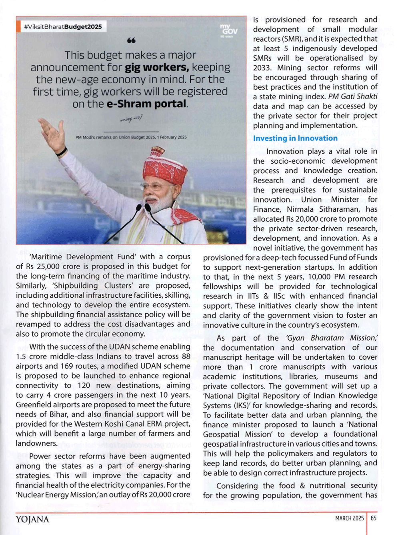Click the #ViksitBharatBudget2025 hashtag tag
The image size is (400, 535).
63,27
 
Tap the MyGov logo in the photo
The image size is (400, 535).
229,30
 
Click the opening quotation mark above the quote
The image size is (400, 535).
131,40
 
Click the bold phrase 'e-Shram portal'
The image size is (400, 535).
147,104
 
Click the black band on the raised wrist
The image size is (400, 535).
61,152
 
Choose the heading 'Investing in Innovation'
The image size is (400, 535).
295,138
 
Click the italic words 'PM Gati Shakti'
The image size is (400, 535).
352,96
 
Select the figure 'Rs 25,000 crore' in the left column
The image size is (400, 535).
50,266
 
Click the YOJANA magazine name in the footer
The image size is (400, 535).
32,519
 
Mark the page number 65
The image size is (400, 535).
373,518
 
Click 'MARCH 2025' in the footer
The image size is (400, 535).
349,518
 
